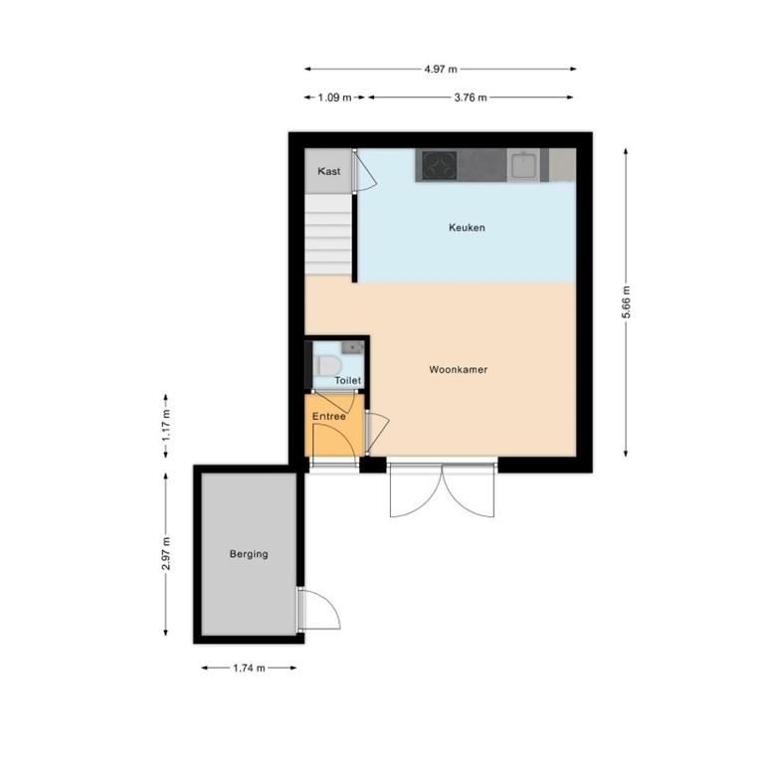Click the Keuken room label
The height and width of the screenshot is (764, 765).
point(467,228)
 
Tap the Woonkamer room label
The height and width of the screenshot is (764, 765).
point(458,370)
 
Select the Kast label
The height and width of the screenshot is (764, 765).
point(329,172)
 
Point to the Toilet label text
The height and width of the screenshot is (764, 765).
point(347,381)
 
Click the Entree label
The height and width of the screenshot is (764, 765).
point(329,416)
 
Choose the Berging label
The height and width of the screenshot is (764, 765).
point(248,554)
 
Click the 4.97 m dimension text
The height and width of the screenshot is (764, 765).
point(440,69)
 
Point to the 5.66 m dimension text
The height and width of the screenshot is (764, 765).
point(626,301)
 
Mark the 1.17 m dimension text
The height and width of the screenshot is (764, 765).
point(166,427)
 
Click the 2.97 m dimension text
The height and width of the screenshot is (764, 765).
point(166,554)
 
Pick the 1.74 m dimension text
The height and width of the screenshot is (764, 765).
point(248,668)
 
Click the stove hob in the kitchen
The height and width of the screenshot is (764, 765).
point(438,164)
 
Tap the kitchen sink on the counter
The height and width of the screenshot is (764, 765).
point(524,164)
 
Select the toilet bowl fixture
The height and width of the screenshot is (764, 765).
point(324,368)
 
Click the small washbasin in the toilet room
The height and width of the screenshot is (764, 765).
point(351,347)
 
